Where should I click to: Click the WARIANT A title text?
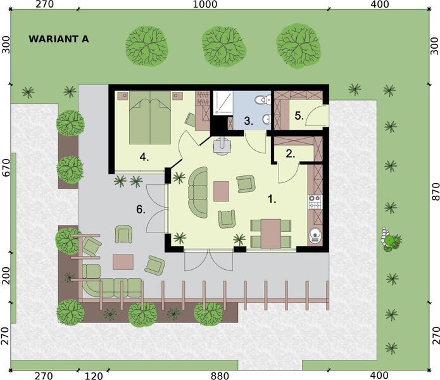[59, 39]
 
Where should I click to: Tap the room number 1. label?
[272, 199]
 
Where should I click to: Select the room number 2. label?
[291, 153]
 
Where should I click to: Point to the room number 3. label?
[250, 119]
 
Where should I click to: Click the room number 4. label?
[144, 156]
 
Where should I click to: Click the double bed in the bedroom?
[151, 118]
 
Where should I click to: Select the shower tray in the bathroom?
[223, 103]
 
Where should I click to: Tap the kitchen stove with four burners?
[315, 203]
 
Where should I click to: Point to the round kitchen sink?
[315, 237]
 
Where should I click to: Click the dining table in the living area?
[271, 233]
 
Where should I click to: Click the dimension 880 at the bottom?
[220, 376]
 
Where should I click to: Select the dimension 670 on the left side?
[6, 167]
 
